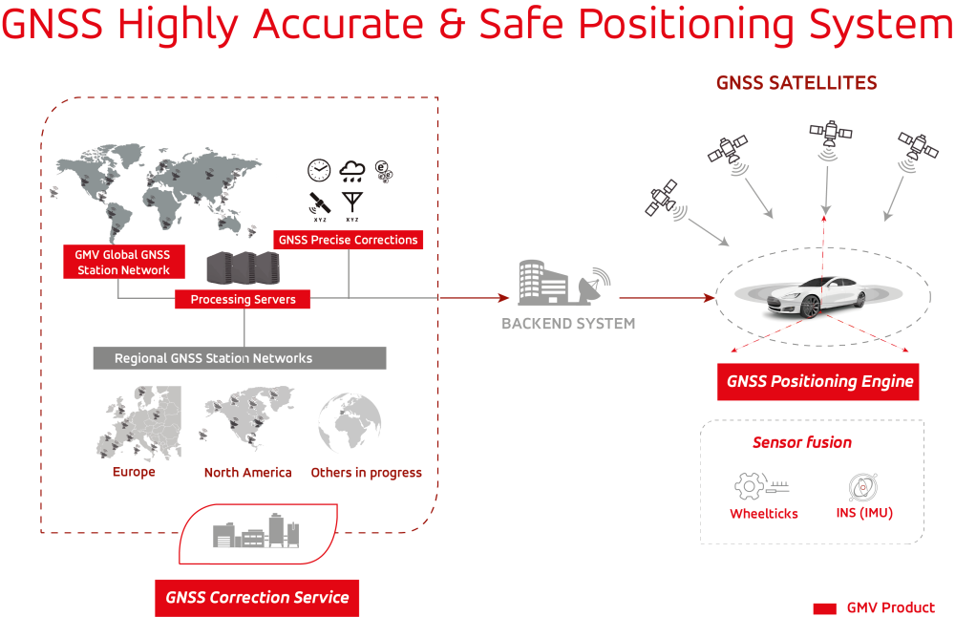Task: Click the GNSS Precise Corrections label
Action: tap(349, 240)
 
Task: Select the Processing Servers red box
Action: tap(243, 300)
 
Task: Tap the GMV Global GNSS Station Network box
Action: tap(123, 263)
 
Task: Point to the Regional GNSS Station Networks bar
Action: tap(240, 358)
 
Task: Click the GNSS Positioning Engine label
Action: tap(818, 381)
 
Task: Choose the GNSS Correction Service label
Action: tap(257, 598)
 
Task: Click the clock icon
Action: tap(318, 171)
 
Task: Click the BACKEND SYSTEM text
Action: tap(568, 324)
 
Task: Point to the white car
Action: tap(818, 295)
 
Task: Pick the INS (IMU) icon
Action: tap(863, 486)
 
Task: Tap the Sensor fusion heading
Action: tap(802, 442)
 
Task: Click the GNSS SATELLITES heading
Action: tap(796, 83)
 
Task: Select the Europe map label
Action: tap(134, 472)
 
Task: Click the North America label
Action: tap(248, 473)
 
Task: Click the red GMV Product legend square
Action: tap(824, 608)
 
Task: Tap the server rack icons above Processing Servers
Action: tap(242, 268)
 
